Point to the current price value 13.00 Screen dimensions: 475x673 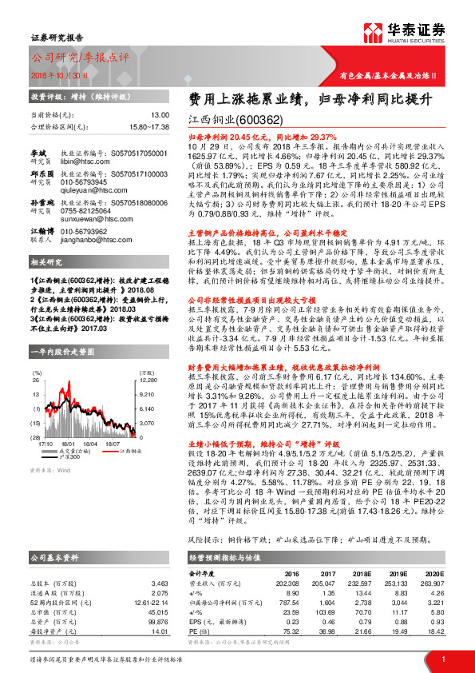160,115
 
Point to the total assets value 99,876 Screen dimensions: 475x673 158,620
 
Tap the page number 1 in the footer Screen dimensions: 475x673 442,658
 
